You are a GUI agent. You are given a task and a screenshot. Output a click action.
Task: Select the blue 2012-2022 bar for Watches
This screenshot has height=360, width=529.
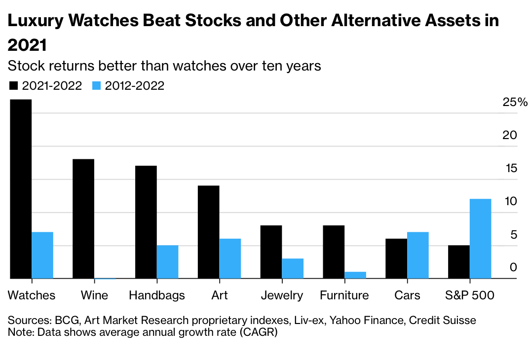(42, 255)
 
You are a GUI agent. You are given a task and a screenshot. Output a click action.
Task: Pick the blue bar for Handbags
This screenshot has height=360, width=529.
(167, 262)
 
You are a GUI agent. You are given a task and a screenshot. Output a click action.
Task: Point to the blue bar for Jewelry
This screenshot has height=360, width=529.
(293, 268)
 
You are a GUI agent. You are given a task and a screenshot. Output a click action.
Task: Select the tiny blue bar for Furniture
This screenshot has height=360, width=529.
(355, 275)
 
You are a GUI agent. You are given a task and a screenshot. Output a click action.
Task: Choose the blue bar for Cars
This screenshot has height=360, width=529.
(418, 255)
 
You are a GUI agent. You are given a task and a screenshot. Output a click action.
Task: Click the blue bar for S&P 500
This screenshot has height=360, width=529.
(480, 239)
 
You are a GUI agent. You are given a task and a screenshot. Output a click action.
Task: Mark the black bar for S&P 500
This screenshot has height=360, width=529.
(459, 262)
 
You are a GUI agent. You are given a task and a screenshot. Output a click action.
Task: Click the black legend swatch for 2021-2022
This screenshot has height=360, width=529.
(13, 86)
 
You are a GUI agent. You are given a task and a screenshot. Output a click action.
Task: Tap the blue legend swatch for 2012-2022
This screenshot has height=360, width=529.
(97, 86)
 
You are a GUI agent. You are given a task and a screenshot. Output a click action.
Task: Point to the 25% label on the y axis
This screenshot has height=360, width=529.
(515, 103)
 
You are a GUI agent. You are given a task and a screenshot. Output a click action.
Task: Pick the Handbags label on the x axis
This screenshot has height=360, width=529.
(157, 295)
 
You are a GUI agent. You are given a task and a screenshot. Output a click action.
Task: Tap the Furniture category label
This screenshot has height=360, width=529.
(344, 295)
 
